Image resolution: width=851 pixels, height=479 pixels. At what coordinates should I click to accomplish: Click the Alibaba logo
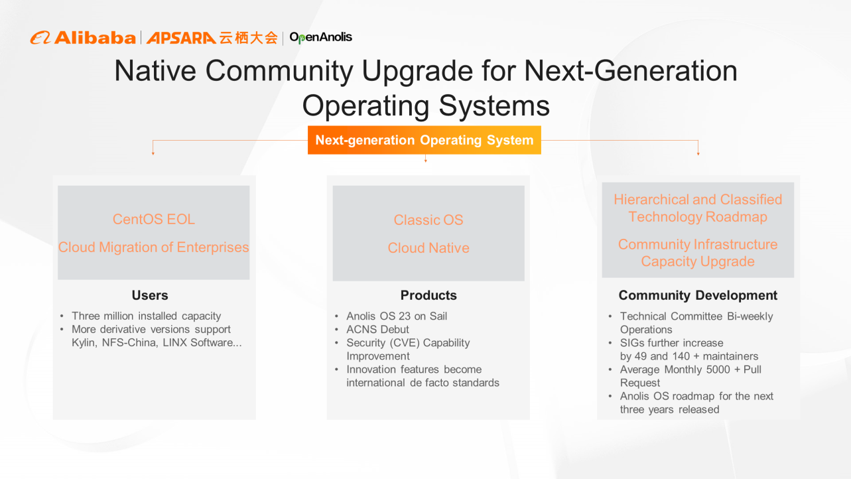(83, 38)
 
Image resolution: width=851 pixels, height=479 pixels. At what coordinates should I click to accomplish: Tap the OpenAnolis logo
(320, 38)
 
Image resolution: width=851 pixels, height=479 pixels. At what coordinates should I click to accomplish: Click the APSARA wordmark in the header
(181, 38)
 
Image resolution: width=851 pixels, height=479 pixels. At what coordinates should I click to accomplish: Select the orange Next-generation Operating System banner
(425, 140)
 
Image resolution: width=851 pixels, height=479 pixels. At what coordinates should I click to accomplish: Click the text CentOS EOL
(154, 219)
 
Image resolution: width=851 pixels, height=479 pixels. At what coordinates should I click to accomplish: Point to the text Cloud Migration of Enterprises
(154, 247)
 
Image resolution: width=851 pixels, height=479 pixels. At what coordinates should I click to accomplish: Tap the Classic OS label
(428, 220)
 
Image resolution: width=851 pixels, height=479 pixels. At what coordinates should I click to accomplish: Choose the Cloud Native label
(428, 247)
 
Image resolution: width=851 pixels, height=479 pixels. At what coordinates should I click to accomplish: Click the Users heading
(150, 295)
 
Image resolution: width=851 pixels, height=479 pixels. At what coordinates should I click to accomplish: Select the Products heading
(428, 295)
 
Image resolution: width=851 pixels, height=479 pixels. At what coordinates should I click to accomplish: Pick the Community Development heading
(698, 295)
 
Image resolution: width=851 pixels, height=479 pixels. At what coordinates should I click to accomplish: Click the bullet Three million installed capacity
(146, 316)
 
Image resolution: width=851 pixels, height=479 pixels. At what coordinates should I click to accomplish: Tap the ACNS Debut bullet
(377, 329)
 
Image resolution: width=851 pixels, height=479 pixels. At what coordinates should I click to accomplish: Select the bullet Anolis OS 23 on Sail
(397, 316)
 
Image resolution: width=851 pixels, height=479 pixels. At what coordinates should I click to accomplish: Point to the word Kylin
(84, 342)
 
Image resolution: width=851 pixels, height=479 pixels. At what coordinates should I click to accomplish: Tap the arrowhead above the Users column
(153, 153)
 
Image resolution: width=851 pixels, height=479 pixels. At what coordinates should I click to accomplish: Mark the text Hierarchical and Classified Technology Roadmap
(698, 208)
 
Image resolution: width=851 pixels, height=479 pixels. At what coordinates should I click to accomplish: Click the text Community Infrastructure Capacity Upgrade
(698, 253)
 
